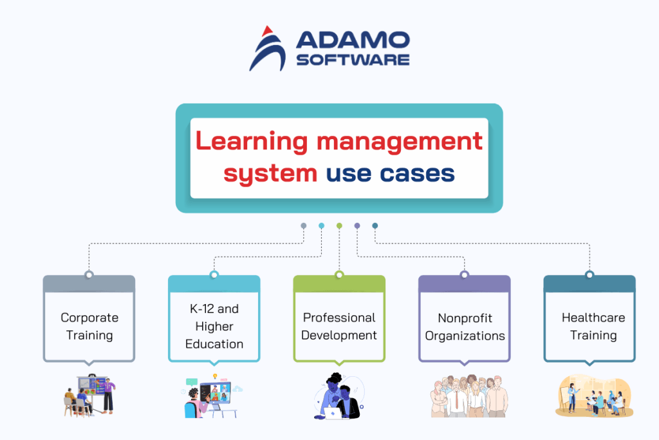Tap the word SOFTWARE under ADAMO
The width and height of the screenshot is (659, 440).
pos(352,59)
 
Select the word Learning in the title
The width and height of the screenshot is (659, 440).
pos(250,140)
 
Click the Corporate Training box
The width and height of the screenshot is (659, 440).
pos(89,326)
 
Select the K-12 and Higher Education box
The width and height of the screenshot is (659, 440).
pos(214,326)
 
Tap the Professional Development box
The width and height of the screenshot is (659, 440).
pos(339,326)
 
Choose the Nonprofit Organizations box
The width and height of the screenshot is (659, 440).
pos(465,326)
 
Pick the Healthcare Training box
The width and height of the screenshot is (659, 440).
pos(589,326)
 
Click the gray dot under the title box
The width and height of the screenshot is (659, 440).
pos(304,225)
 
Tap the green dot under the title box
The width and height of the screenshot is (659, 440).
pos(339,225)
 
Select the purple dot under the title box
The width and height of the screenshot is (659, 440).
pos(357,225)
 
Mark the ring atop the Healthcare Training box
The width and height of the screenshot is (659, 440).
pos(589,275)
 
